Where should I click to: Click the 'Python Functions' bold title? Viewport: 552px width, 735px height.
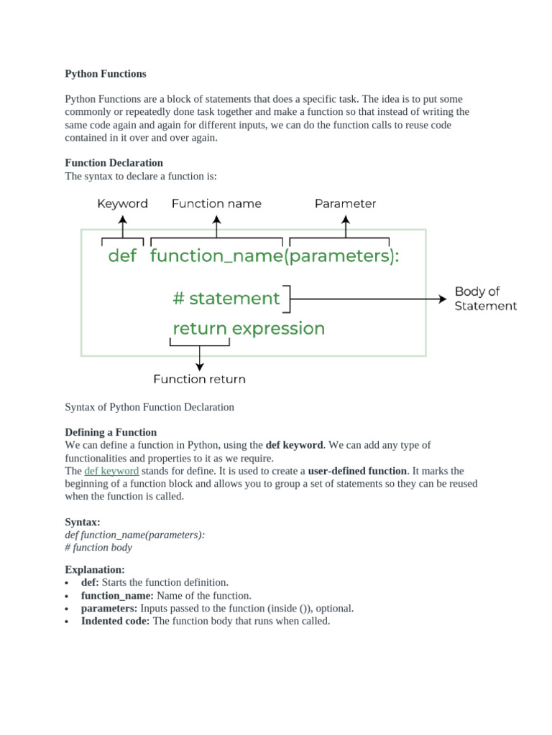point(106,74)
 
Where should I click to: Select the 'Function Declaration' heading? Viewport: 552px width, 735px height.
point(114,163)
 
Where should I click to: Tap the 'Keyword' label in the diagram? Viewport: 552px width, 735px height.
point(122,204)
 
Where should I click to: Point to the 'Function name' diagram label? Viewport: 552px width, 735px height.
point(216,204)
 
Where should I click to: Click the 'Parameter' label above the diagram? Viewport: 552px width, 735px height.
point(345,204)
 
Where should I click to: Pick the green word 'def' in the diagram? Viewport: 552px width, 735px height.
point(122,256)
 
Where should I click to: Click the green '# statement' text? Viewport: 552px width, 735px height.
point(226,298)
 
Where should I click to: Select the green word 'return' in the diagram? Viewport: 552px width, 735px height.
point(199,329)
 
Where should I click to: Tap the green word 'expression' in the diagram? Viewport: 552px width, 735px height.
point(278,329)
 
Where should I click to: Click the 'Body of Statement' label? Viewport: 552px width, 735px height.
point(485,299)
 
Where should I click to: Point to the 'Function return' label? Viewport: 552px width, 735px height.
point(199,379)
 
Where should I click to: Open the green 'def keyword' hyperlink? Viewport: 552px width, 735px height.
point(111,471)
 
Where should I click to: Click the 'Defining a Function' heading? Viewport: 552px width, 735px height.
point(111,432)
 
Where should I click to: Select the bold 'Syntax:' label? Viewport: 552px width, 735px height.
point(83,523)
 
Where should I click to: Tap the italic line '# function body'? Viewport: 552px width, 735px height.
point(98,547)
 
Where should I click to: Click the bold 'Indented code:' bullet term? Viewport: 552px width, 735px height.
point(115,621)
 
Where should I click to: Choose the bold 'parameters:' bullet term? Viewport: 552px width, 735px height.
point(109,608)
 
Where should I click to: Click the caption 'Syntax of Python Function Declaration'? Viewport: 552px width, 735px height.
point(149,407)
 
